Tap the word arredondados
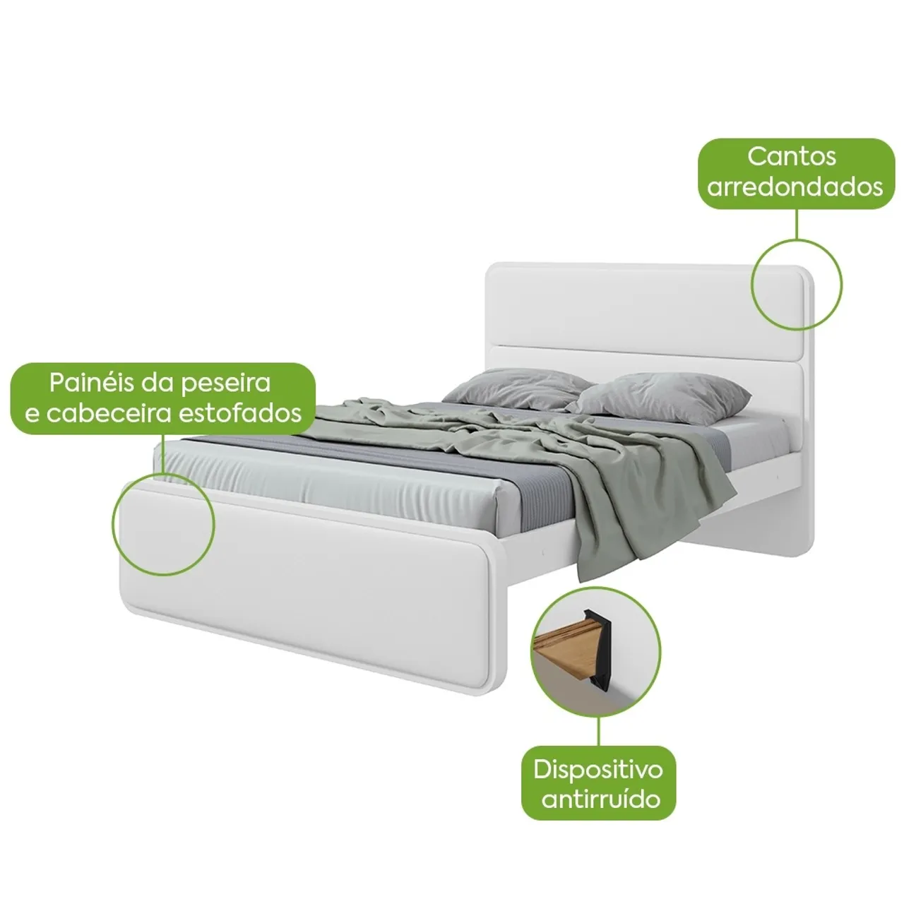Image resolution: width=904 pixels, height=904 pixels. point(795,186)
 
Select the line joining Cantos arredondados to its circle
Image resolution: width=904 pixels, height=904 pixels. point(796,225)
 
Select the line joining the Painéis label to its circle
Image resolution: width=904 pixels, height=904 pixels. point(163,453)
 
